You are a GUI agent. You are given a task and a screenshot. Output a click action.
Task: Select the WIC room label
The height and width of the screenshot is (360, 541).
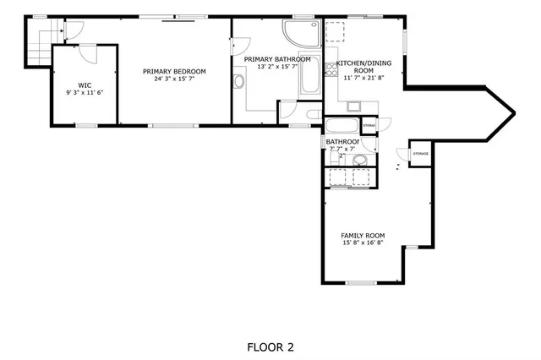[x=85, y=85]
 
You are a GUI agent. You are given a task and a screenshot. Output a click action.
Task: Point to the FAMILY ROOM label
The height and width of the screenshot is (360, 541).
[x=363, y=236]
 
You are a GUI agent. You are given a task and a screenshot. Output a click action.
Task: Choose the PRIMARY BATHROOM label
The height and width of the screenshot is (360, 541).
[x=276, y=59]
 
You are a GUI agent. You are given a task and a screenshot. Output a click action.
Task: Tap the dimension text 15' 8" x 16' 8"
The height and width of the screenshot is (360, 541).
[x=363, y=243]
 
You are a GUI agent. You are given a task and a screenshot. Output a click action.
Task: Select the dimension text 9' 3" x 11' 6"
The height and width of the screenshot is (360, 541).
[x=85, y=93]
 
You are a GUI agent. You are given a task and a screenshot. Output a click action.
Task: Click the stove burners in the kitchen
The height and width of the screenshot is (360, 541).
[x=335, y=31]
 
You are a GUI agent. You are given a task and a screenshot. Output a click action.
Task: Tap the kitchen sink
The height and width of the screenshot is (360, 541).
[x=353, y=106]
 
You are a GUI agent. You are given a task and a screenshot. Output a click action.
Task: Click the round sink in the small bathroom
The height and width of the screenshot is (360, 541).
[x=359, y=159]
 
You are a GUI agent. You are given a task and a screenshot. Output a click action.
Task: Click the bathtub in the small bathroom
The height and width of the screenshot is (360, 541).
[x=342, y=125]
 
